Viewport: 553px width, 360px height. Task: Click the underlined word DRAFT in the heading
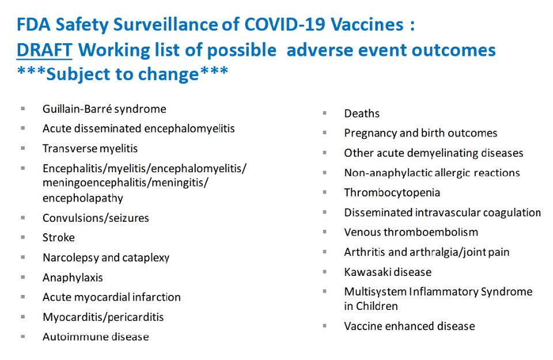[44, 50]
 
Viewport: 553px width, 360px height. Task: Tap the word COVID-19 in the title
[284, 24]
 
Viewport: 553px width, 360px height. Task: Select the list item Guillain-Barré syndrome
[104, 109]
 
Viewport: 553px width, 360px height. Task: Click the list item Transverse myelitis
[90, 149]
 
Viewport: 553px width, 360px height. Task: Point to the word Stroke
[59, 238]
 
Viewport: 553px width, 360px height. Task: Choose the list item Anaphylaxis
[73, 278]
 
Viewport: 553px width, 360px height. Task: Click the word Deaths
[362, 113]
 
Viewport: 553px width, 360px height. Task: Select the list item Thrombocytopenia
[392, 192]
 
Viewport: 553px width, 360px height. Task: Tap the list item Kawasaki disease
[388, 272]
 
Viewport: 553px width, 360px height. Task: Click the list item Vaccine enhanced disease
[410, 326]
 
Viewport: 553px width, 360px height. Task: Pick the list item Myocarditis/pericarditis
[103, 317]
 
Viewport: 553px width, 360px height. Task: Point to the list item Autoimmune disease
[96, 337]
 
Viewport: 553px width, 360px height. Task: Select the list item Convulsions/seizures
[96, 218]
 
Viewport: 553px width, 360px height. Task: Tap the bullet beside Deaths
[324, 113]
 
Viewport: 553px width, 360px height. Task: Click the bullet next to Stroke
[23, 237]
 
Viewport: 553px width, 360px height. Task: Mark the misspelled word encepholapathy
[83, 198]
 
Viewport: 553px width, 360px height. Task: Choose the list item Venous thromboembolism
[411, 232]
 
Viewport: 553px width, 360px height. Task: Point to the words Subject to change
[123, 74]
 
